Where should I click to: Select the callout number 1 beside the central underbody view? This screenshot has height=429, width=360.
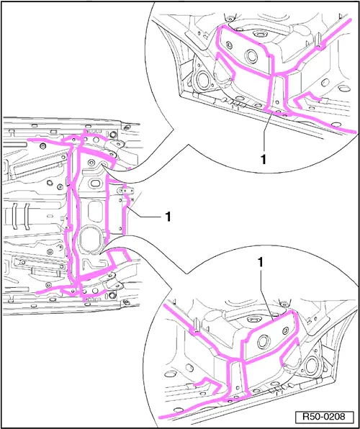(x=168, y=217)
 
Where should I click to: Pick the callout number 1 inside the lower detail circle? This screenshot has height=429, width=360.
(x=260, y=263)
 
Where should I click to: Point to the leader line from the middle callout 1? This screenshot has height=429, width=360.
(x=145, y=212)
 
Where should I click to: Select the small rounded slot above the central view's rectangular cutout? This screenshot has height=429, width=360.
(x=95, y=183)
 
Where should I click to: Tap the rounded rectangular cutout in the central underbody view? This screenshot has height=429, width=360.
(x=94, y=210)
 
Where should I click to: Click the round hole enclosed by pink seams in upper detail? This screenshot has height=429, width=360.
(x=251, y=56)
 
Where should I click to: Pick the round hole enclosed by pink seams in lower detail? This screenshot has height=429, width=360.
(x=264, y=342)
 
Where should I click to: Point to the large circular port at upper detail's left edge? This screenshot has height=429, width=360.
(x=203, y=79)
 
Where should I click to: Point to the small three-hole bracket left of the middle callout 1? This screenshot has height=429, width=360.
(x=126, y=190)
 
